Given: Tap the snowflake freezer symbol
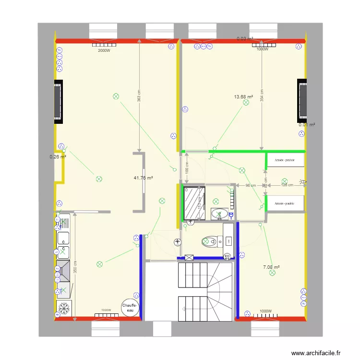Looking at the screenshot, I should pos(63,307).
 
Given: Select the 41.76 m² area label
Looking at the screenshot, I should pos(143,178).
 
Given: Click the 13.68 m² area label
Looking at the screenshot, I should pos(243,97).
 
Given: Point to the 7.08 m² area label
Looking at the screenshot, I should pos(271,267).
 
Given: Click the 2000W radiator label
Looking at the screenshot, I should pos(104,50).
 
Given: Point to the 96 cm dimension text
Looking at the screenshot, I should pos(251,185).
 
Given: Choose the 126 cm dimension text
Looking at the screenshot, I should pos(287,185).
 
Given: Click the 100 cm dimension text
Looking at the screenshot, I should pos(187,168).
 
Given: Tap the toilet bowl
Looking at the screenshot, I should pos(208,241).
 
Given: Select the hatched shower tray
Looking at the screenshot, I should pos(194,204).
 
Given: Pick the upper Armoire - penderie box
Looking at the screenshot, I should pos(286,160).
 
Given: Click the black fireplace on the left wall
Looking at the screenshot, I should pos(59,101).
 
